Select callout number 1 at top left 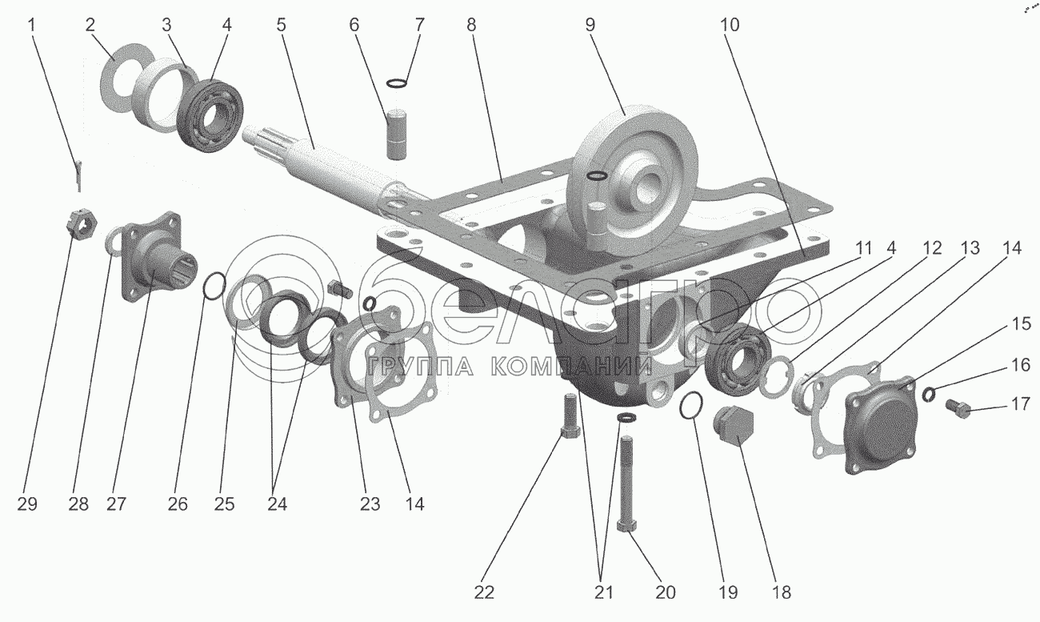tap(32, 25)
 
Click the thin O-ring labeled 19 tap(691, 407)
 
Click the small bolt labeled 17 tap(958, 410)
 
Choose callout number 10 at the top tap(729, 25)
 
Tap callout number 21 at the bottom tap(604, 592)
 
